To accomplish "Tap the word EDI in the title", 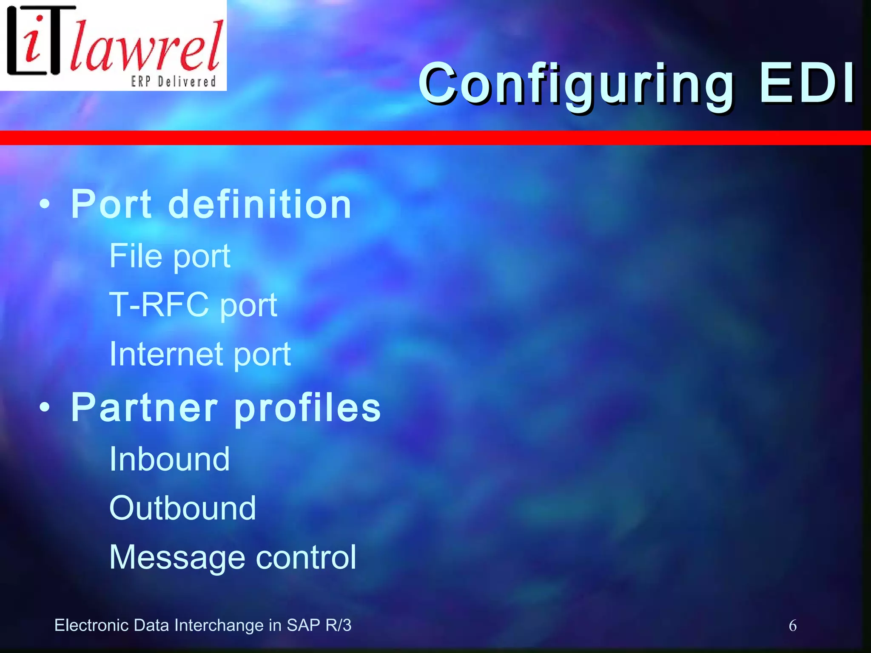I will click(x=807, y=83).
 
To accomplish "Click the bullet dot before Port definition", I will click(x=44, y=205).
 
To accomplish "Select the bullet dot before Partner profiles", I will click(x=44, y=408).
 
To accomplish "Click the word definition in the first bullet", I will click(x=259, y=204).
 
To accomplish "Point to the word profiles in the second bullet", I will click(x=307, y=409).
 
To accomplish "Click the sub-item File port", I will click(x=170, y=256).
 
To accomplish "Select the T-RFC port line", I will click(x=193, y=305).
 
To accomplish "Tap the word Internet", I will click(x=166, y=354).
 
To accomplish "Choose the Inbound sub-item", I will click(x=169, y=459).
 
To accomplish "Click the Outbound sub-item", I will click(x=182, y=508).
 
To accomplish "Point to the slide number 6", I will click(x=793, y=626).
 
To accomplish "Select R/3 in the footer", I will click(x=338, y=625).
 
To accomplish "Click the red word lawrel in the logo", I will click(x=147, y=47).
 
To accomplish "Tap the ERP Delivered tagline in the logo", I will click(x=174, y=81).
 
